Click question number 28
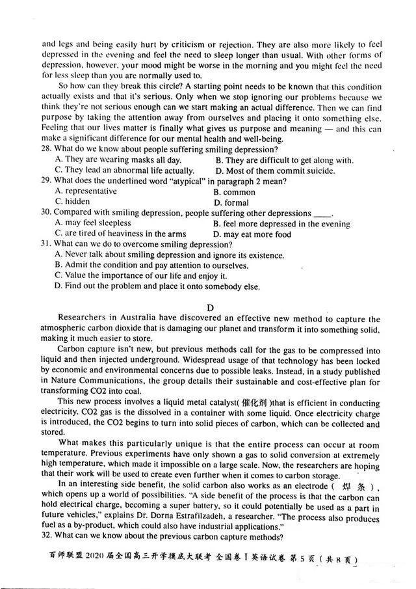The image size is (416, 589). tap(47, 150)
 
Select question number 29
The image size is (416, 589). tap(47, 181)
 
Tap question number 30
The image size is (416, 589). tap(47, 213)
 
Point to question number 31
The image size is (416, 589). tap(47, 244)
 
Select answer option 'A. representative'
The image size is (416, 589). tap(86, 191)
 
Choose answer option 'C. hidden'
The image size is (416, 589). tap(73, 202)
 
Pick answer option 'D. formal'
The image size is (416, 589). tap(231, 202)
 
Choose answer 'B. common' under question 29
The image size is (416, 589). tap(234, 192)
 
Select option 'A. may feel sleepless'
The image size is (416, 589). tap(93, 223)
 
